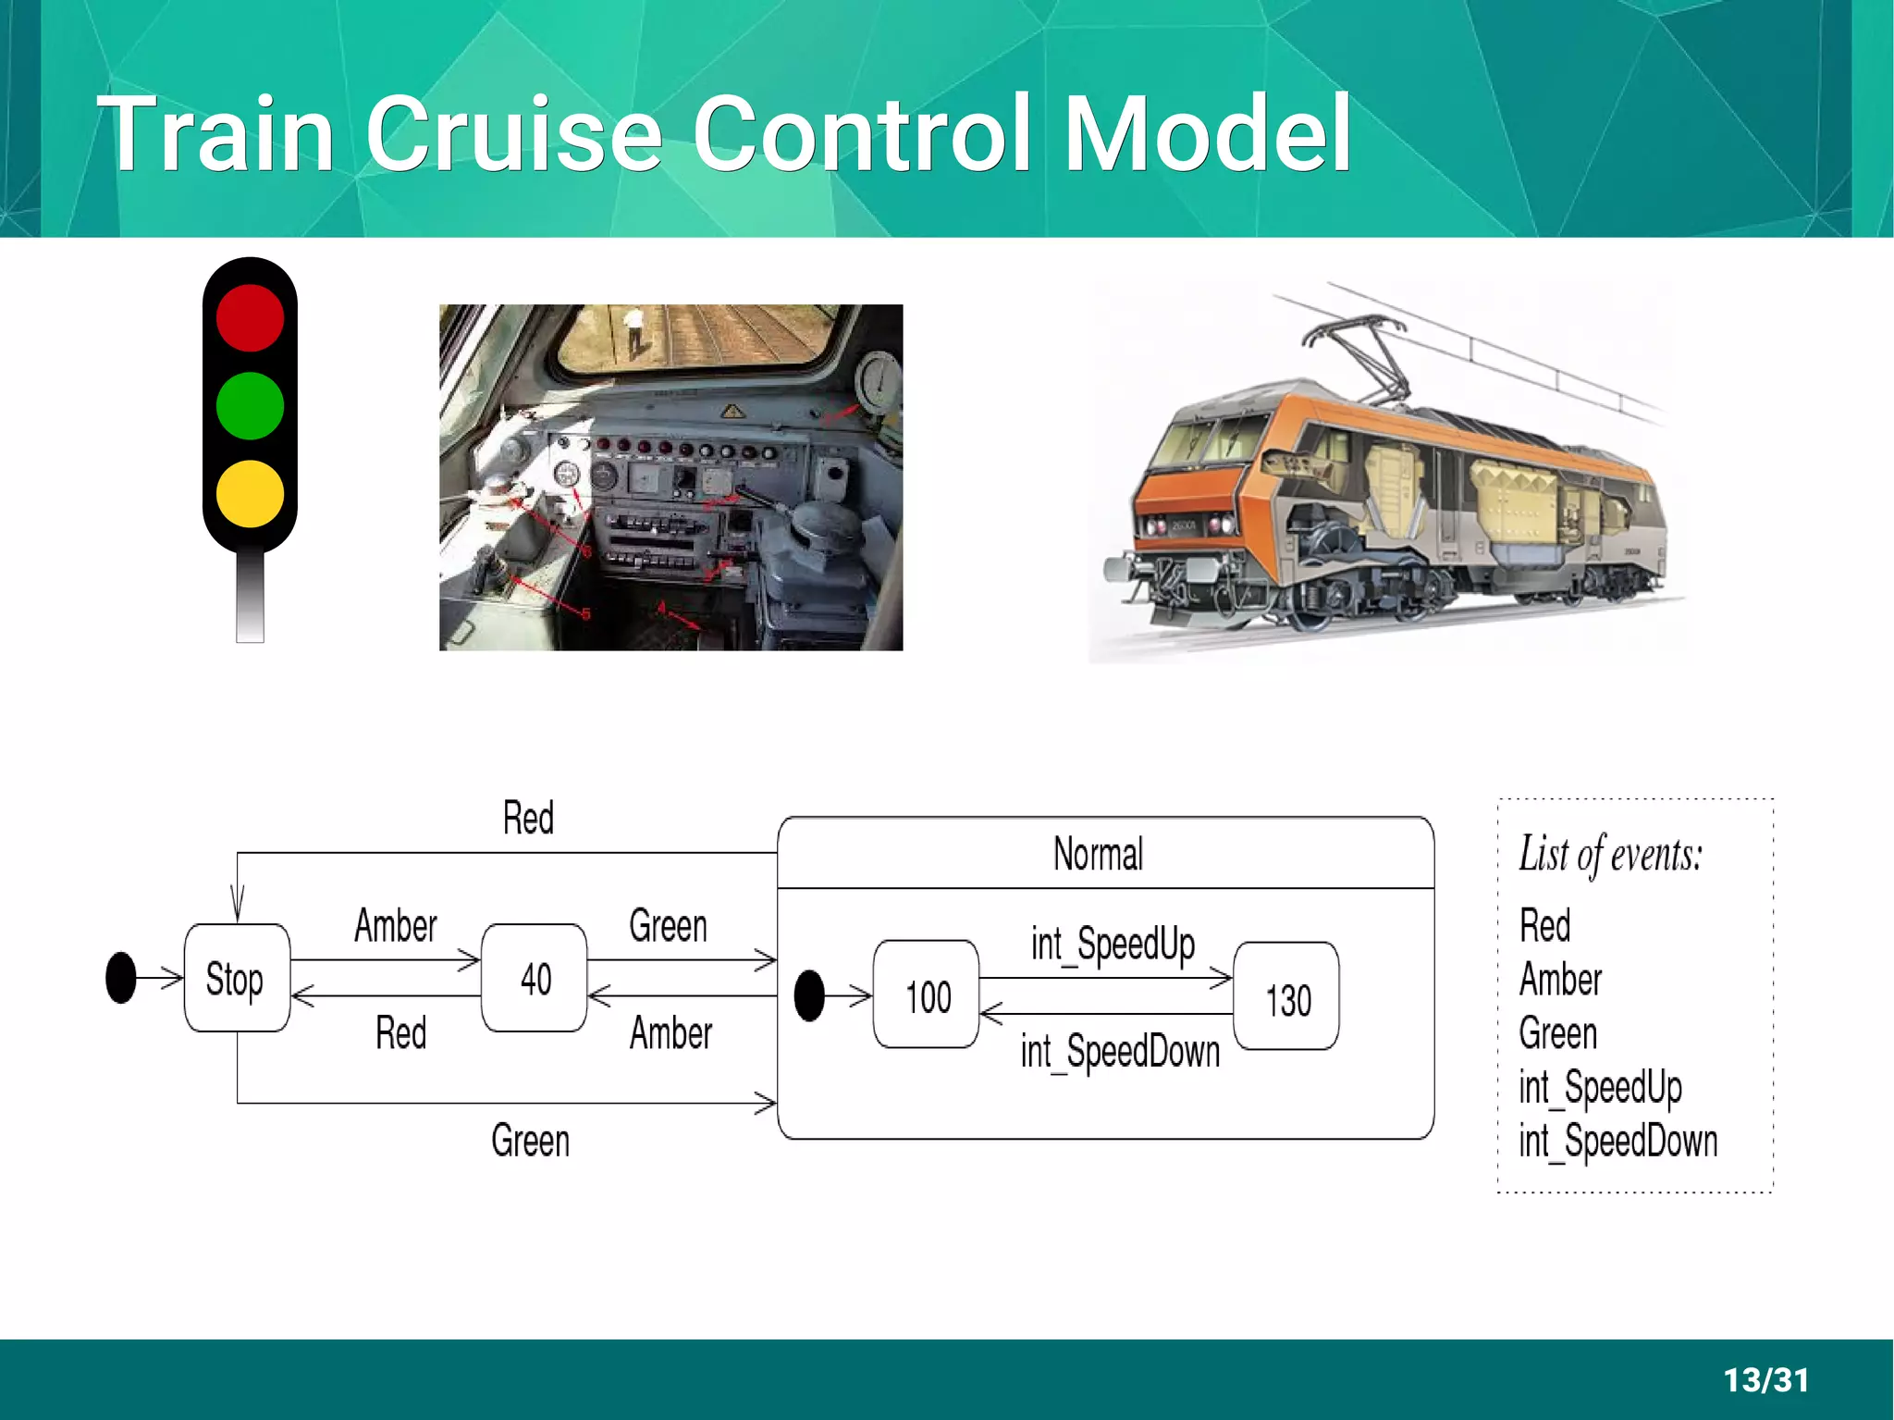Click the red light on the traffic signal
pos(250,317)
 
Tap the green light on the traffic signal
pos(250,405)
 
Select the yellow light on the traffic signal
pos(250,493)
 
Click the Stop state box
pos(237,978)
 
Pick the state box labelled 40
pos(535,978)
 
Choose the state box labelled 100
pos(927,995)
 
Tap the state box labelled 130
pos(1287,997)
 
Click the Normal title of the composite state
pos(1099,854)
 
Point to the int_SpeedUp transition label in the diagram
pos(1113,945)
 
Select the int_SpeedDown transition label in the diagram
pos(1120,1052)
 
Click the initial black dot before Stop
pos(121,978)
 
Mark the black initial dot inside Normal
pos(809,995)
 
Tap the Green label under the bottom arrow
pos(530,1141)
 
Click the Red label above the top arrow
pos(528,819)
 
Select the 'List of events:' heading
pos(1610,854)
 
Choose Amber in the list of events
pos(1560,980)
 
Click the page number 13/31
pos(1765,1379)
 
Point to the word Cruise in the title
pos(514,134)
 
